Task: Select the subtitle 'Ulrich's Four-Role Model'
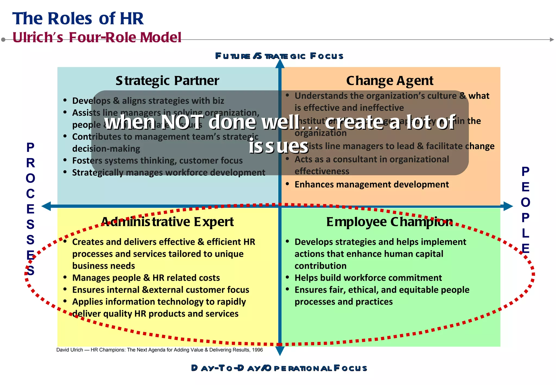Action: pos(97,37)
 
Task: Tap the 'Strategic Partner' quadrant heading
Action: pos(167,81)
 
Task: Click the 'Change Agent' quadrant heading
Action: pos(390,81)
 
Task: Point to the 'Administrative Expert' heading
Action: pos(167,222)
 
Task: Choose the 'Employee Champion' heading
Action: pos(390,222)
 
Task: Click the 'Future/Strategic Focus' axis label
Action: pos(279,56)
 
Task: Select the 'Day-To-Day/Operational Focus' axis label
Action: pos(279,368)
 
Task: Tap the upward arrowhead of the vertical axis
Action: pos(280,64)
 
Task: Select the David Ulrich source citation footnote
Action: pos(159,350)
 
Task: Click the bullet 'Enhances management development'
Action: pos(371,184)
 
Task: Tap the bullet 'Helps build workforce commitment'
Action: pos(368,278)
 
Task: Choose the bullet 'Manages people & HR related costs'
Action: pos(146,278)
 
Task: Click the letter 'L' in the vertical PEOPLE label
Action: pos(525,233)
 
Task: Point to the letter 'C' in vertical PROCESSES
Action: pos(30,194)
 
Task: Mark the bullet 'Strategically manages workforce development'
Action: pos(169,172)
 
